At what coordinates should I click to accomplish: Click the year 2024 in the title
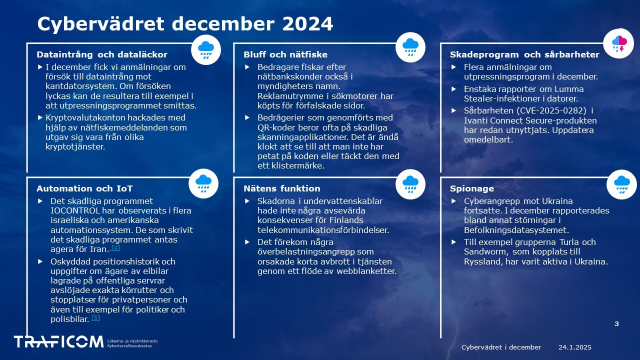[307, 23]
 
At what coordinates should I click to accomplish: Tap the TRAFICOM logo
[58, 342]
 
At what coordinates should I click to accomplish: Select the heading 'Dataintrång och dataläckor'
[102, 54]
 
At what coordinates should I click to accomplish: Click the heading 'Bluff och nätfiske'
[285, 54]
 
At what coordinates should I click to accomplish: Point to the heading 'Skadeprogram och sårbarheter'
[524, 54]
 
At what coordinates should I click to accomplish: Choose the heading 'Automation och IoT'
[84, 188]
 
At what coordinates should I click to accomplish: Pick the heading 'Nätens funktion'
[281, 188]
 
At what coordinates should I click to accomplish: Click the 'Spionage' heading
[471, 188]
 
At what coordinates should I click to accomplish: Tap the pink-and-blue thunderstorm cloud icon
[619, 43]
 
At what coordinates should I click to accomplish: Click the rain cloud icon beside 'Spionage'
[621, 184]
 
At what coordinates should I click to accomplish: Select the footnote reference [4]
[115, 247]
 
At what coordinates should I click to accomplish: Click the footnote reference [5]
[95, 317]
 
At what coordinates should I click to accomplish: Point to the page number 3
[616, 323]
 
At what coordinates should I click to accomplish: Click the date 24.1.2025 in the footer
[575, 347]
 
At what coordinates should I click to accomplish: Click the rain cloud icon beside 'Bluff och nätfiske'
[410, 47]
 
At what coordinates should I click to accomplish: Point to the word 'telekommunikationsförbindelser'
[323, 230]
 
